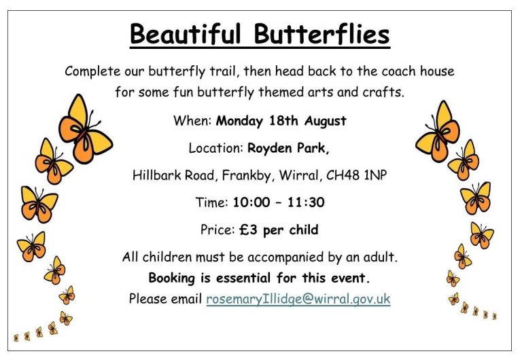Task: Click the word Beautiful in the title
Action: tap(185, 34)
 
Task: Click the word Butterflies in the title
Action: tap(321, 34)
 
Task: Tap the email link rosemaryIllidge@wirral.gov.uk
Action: tap(298, 299)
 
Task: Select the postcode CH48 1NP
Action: tap(357, 175)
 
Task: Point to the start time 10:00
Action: tap(251, 202)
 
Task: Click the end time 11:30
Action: tap(306, 202)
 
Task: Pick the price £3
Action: tap(248, 230)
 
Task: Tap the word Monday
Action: tap(239, 121)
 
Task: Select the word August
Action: tap(326, 121)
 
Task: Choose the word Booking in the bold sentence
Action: tap(172, 278)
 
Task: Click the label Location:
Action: tap(216, 147)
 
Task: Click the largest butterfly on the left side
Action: tap(85, 129)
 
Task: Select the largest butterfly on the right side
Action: tap(438, 132)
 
